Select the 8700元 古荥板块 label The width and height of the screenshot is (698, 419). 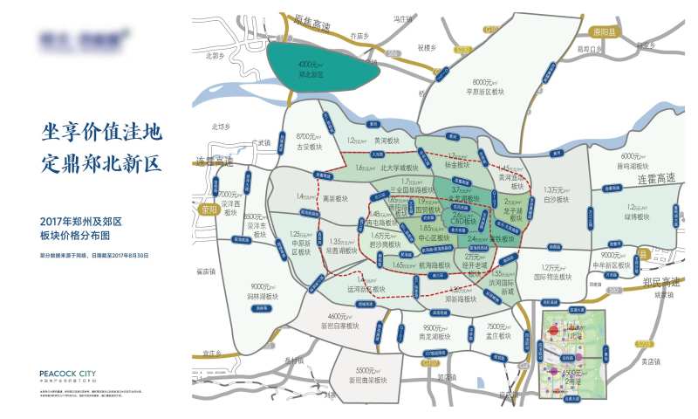coord(310,141)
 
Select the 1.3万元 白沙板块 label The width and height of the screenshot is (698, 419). coord(556,194)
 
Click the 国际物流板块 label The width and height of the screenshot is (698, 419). coord(552,272)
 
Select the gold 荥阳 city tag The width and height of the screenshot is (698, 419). coord(206,209)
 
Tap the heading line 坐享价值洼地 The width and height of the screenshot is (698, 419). coord(102,133)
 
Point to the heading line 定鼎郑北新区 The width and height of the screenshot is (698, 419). coord(102,162)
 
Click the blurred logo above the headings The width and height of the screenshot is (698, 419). coord(84,38)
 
